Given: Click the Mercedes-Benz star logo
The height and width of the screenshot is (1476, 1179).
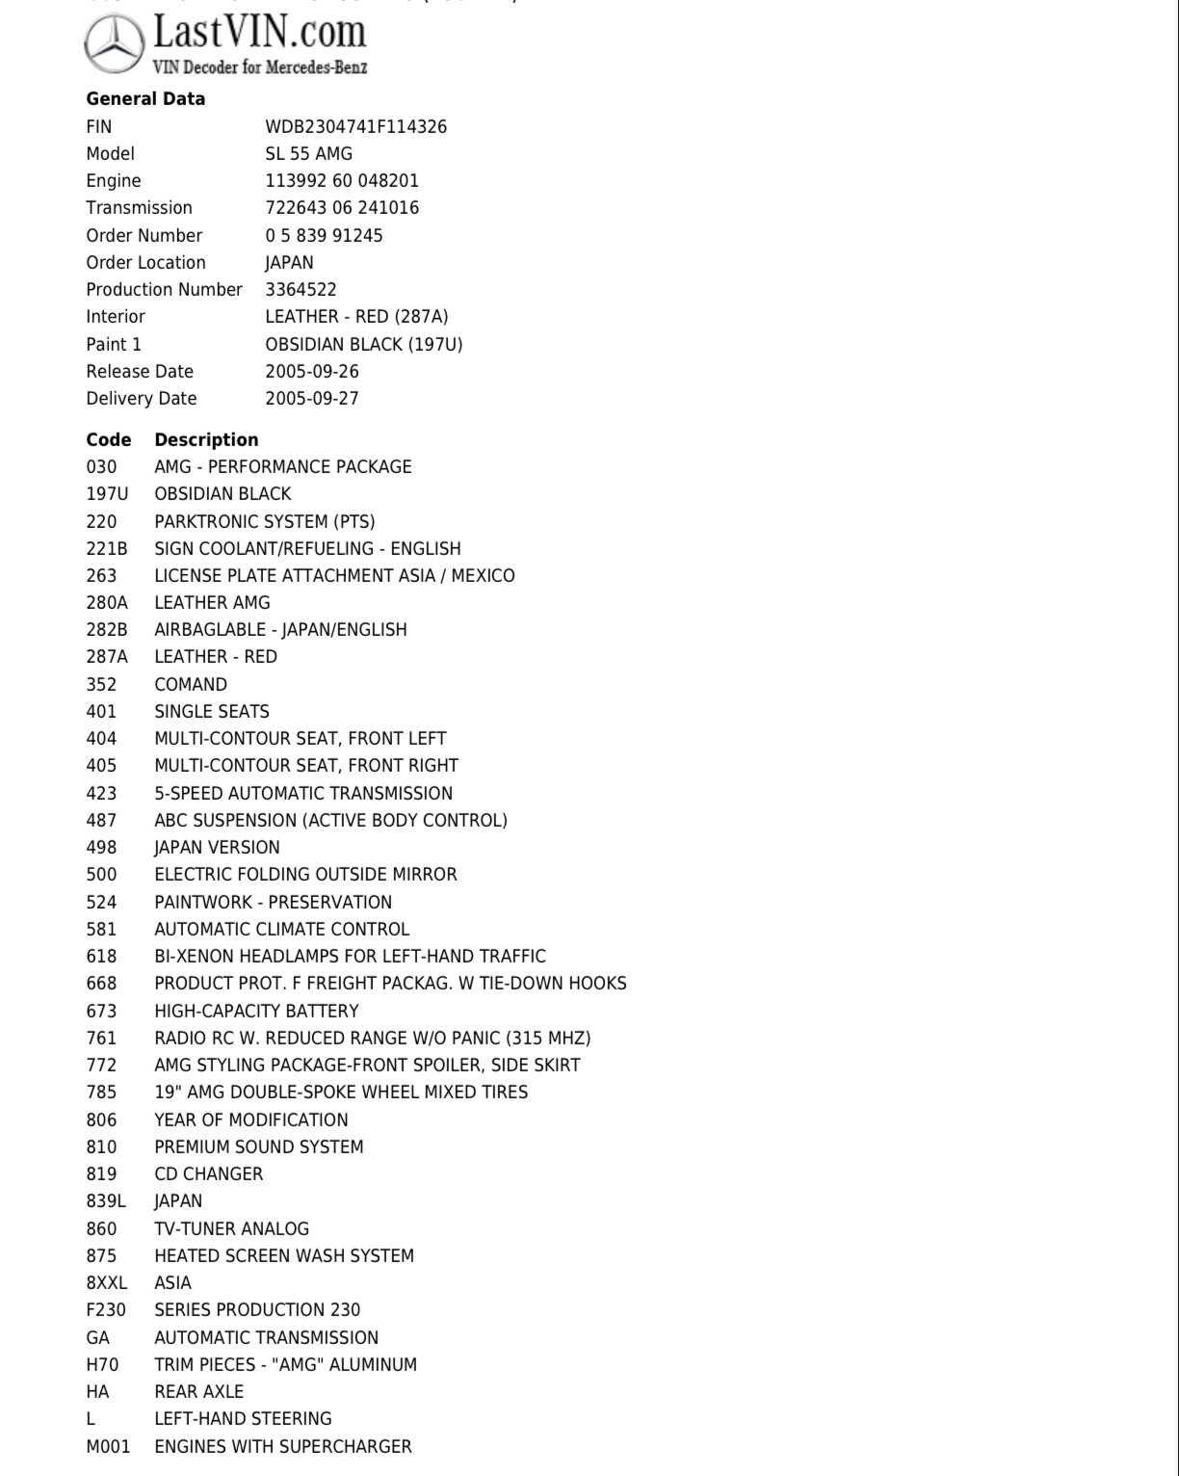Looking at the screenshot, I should (x=116, y=44).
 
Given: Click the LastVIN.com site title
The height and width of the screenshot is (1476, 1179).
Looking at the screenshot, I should (x=260, y=33).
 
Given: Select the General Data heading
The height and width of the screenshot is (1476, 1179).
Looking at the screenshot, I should (x=145, y=98).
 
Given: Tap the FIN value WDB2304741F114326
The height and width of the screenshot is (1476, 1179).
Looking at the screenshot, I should (x=355, y=126).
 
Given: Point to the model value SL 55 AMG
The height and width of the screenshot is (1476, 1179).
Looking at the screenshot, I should (x=308, y=153).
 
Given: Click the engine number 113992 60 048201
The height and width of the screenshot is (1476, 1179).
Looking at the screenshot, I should (x=342, y=180).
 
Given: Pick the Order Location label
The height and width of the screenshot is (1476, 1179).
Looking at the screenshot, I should (x=145, y=262).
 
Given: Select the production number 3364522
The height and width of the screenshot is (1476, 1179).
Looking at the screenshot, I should (x=301, y=289).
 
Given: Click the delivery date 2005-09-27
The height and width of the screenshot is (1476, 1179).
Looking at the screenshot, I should (x=312, y=398).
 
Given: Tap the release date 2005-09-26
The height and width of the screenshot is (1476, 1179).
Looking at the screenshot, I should (x=312, y=371).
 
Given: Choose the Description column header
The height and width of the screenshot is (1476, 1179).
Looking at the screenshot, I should (x=206, y=439).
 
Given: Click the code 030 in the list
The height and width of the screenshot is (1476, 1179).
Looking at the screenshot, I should (x=101, y=466).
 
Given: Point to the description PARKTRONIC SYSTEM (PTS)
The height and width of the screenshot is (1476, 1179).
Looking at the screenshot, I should (x=265, y=521).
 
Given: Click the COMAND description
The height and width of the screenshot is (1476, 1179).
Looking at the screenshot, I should (x=191, y=684).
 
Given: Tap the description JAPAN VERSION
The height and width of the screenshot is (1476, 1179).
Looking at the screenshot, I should (x=217, y=847).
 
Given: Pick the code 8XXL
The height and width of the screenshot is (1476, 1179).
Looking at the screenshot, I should (x=106, y=1282).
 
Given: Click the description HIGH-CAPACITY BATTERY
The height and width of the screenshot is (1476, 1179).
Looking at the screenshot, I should (x=256, y=1011).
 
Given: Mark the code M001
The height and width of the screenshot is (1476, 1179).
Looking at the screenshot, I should (x=108, y=1446).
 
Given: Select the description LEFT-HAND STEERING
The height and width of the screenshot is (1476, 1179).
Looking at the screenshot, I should (x=243, y=1418).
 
